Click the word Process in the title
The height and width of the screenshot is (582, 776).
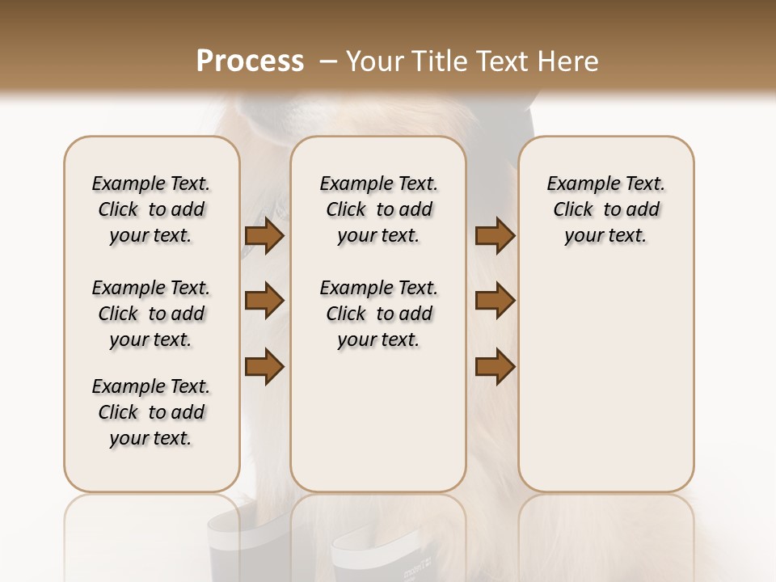tap(250, 61)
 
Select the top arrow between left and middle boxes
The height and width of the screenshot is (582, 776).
tap(264, 236)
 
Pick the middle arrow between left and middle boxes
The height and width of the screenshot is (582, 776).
tap(264, 301)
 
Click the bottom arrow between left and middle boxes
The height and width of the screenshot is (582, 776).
tap(264, 366)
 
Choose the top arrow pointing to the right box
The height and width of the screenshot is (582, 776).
tap(496, 236)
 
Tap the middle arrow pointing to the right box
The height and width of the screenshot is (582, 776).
tap(496, 301)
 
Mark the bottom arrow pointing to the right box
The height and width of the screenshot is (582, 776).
tap(496, 366)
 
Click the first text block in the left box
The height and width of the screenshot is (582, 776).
tap(151, 209)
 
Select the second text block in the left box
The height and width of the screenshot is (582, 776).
tap(151, 314)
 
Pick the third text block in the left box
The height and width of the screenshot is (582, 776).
tap(151, 412)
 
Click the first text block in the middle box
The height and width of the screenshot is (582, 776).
tap(378, 209)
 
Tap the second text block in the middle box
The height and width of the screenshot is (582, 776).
tap(378, 314)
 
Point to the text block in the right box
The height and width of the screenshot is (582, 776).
tap(606, 209)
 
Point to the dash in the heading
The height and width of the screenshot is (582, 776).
tap(328, 61)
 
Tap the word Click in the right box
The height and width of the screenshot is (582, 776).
tap(573, 210)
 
